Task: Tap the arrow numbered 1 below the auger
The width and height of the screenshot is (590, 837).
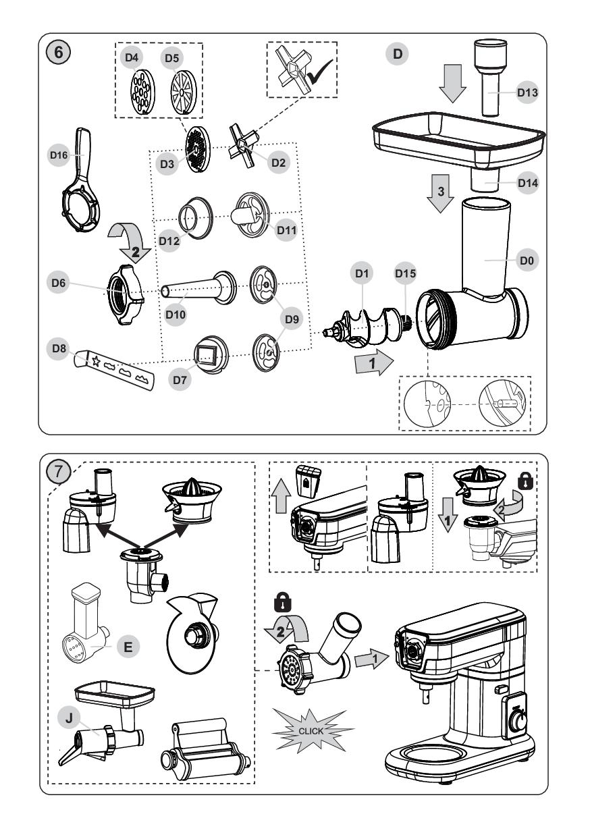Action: [373, 364]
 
